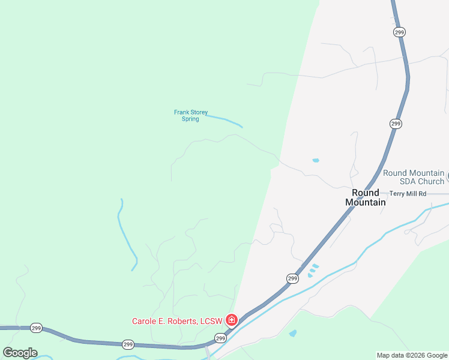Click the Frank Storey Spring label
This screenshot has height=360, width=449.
click(191, 115)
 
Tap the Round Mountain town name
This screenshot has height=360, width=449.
click(366, 197)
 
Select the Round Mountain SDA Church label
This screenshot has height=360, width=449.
click(414, 177)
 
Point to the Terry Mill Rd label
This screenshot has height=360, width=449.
click(408, 194)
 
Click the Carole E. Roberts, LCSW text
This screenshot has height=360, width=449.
click(177, 321)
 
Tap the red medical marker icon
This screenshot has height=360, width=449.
click(232, 320)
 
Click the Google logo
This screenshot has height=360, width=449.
click(20, 353)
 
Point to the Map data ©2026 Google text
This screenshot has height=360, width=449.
click(412, 356)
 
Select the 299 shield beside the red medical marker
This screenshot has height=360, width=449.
click(220, 338)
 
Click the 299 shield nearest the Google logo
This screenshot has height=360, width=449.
click(35, 328)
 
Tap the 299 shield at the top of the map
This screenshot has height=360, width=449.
click(399, 32)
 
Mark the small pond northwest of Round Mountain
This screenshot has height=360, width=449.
click(316, 161)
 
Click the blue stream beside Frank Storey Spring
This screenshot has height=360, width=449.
click(224, 120)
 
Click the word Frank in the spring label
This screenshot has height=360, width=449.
click(181, 112)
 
